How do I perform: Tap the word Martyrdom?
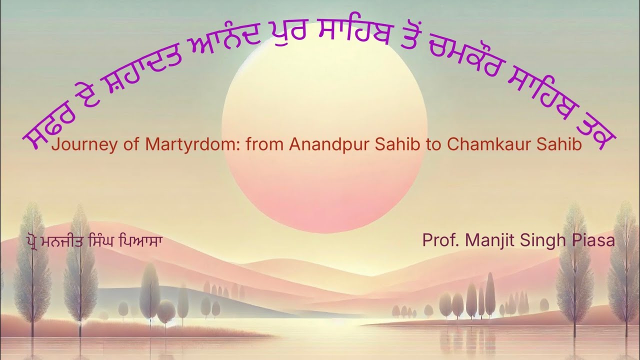pyautogui.click(x=176, y=145)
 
